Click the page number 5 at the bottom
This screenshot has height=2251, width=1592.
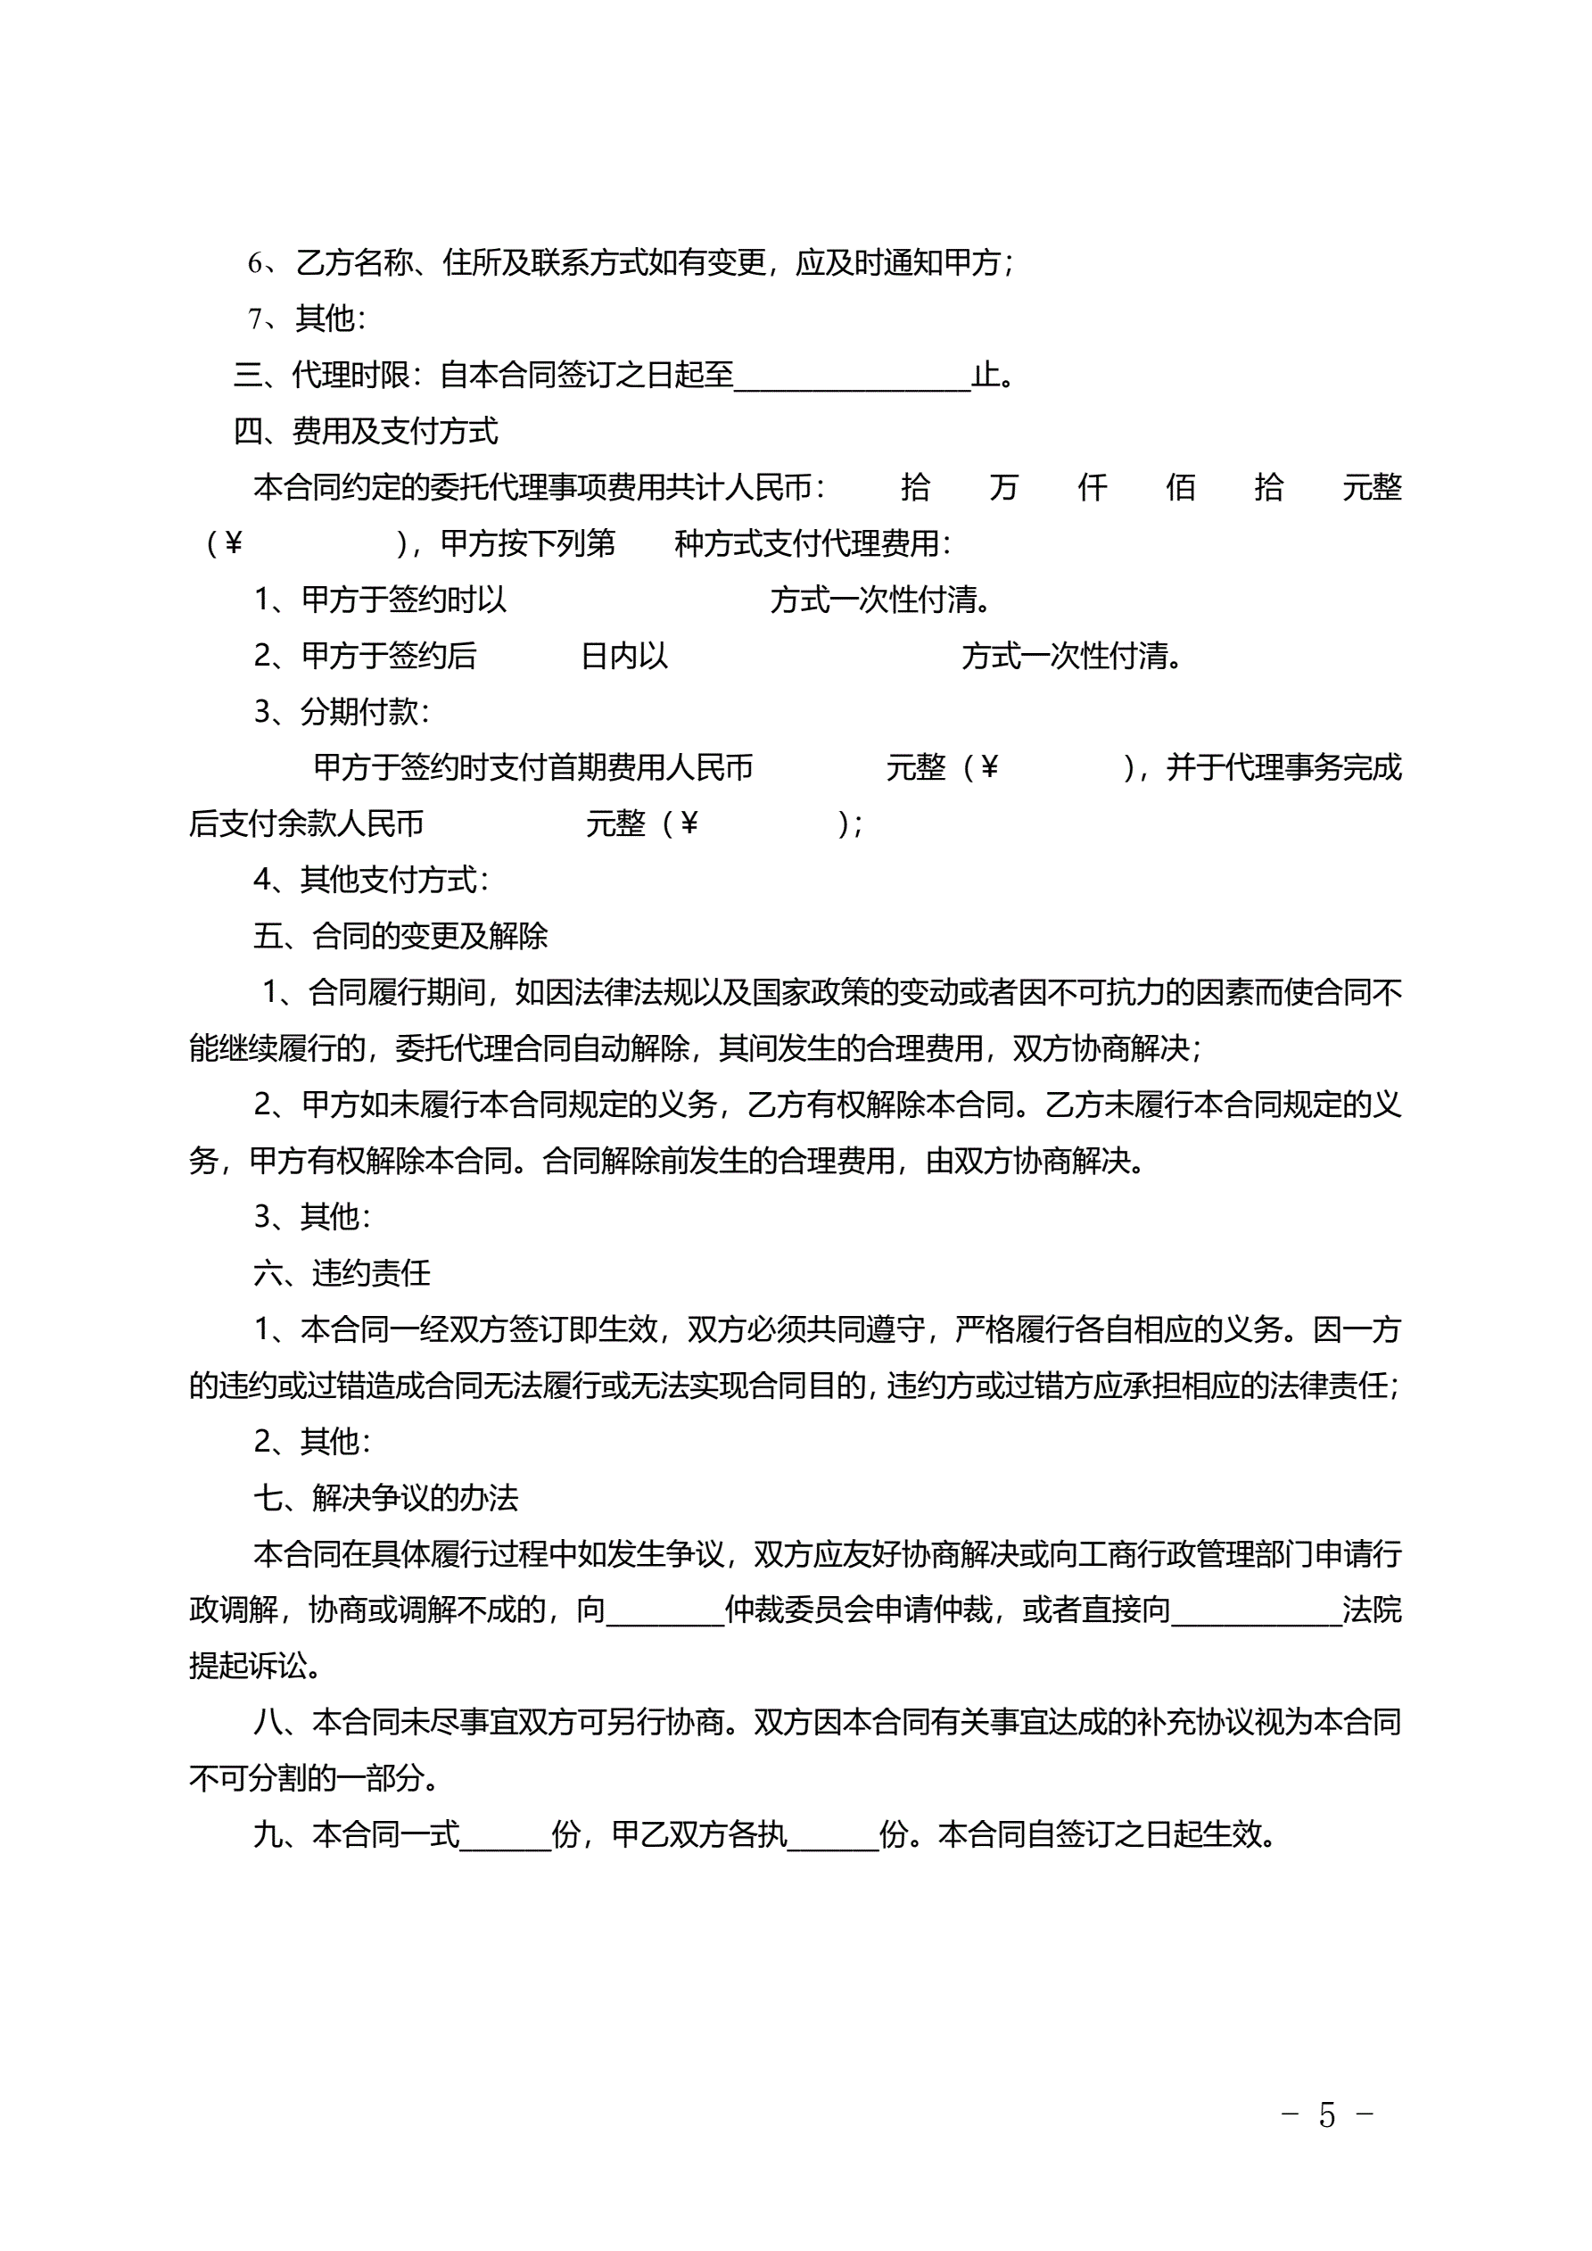point(1326,2114)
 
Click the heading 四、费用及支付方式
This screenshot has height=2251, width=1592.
point(366,430)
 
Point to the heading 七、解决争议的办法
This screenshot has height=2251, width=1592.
point(385,1498)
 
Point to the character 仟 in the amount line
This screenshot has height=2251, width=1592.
point(1092,487)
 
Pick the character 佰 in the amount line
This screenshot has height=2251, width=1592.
point(1180,487)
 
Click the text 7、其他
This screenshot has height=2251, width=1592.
point(307,319)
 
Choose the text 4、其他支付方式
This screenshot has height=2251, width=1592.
point(370,881)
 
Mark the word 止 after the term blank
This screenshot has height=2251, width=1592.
point(986,375)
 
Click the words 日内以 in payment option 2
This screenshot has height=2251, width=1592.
point(624,656)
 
